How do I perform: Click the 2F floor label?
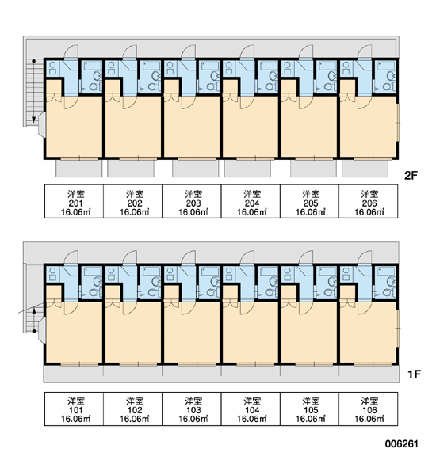click(x=411, y=176)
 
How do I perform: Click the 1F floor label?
click(x=414, y=374)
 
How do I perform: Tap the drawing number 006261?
click(x=402, y=444)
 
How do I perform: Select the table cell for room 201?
click(x=74, y=201)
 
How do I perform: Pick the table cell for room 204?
click(x=251, y=201)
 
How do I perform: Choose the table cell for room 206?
click(x=369, y=201)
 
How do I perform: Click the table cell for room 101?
click(x=74, y=409)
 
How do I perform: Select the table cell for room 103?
click(x=192, y=409)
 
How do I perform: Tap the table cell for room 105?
click(x=309, y=409)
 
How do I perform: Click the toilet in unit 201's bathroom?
click(x=94, y=86)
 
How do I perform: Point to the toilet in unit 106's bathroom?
click(x=388, y=292)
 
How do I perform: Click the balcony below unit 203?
click(x=195, y=168)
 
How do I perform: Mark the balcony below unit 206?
click(x=365, y=168)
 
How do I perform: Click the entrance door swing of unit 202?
click(x=131, y=51)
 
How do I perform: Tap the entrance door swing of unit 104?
click(x=247, y=256)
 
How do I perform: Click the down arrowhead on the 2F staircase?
click(x=34, y=120)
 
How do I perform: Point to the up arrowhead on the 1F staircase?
click(x=34, y=310)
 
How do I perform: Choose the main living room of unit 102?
click(x=133, y=332)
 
